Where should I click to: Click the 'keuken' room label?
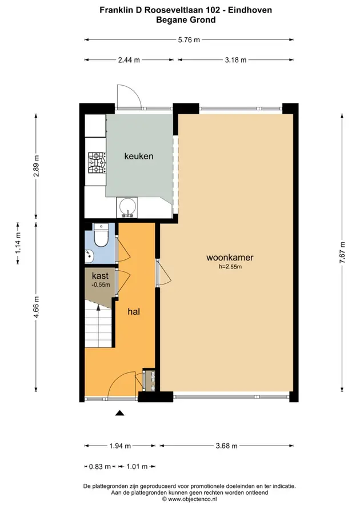point(139,156)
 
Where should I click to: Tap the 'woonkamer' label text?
point(230,258)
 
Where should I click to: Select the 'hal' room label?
point(134,312)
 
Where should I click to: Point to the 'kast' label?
point(101,276)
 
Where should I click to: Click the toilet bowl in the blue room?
point(101,236)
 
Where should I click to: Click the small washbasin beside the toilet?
point(89,256)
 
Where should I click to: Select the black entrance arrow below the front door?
point(120,413)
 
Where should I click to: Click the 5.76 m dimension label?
point(189,40)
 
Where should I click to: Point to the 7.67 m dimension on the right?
point(342,253)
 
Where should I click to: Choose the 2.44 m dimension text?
point(129,60)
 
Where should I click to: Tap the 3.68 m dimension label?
point(227,446)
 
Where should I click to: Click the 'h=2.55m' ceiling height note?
point(230,267)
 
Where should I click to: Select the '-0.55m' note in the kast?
point(101,285)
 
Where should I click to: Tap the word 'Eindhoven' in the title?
point(250,10)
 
